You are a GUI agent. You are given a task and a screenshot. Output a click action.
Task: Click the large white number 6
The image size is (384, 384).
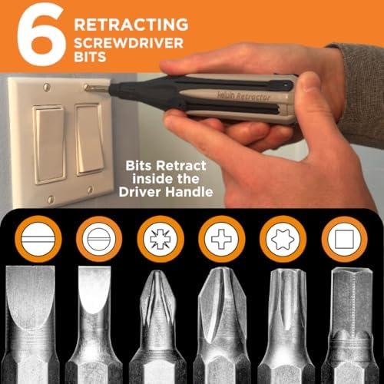point(41,35)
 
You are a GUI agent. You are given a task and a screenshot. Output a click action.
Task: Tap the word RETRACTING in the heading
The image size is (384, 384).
point(131,25)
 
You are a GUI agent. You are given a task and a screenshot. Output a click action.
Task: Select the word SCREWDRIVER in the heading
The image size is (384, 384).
point(129,43)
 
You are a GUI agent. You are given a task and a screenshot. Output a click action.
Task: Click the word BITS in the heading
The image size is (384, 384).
point(90,57)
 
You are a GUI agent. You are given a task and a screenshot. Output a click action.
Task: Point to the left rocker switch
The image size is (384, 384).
point(48,144)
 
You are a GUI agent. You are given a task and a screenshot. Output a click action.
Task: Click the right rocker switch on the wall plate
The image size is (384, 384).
point(90,139)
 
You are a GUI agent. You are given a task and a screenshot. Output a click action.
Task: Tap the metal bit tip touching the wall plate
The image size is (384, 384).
point(97,88)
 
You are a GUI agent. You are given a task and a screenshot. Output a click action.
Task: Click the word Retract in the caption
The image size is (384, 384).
point(181,166)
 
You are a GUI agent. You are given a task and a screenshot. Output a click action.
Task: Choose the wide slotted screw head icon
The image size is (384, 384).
point(38,239)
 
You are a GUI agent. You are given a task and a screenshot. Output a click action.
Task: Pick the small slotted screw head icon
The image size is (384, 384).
point(99,239)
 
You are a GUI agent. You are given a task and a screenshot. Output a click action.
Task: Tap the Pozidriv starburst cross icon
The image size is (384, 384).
point(161,239)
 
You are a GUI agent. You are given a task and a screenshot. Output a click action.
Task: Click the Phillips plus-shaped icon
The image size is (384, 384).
point(222,239)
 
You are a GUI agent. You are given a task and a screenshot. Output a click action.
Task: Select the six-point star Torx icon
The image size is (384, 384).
point(283,239)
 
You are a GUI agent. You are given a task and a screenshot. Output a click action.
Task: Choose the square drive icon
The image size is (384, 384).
point(344,239)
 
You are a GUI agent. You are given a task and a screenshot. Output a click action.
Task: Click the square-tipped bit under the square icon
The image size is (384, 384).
point(351,325)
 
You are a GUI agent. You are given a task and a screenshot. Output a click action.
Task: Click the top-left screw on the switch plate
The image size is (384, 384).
point(46,87)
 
